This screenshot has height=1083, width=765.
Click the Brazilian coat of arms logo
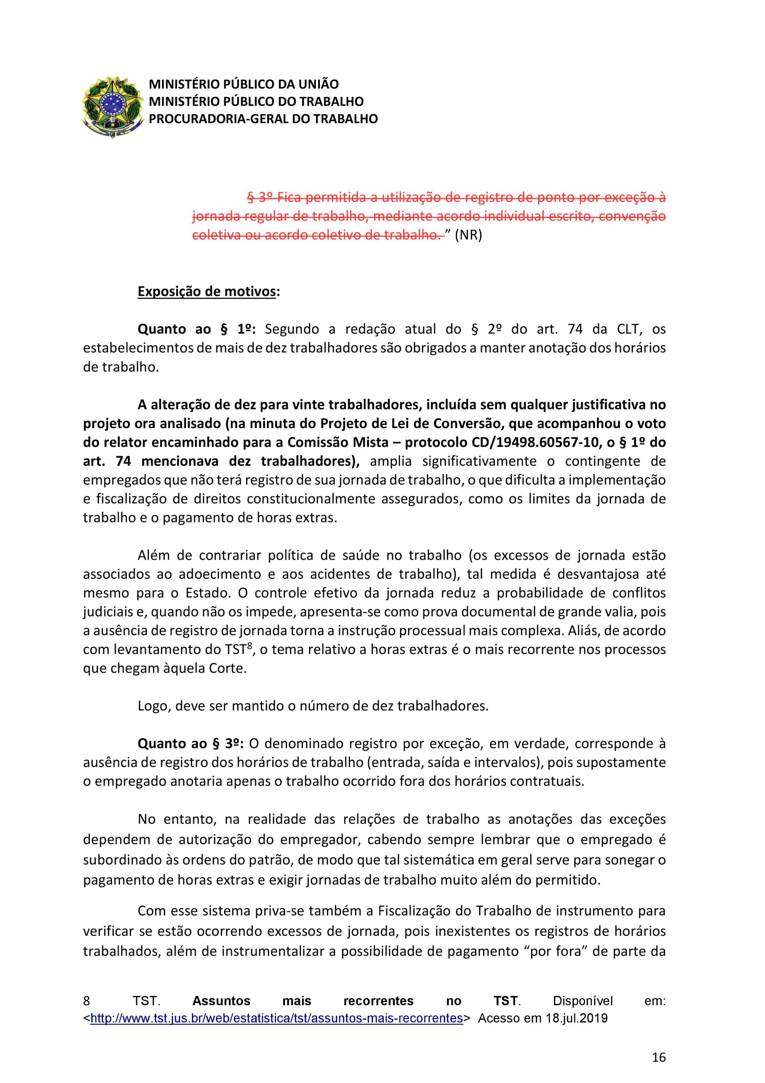pyautogui.click(x=112, y=107)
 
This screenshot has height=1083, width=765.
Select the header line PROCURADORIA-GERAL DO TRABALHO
pyautogui.click(x=263, y=119)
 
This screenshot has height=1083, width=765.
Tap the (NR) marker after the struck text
pyautogui.click(x=468, y=235)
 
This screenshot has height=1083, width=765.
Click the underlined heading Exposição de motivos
pyautogui.click(x=206, y=291)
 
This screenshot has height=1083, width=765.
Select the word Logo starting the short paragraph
pyautogui.click(x=151, y=706)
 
